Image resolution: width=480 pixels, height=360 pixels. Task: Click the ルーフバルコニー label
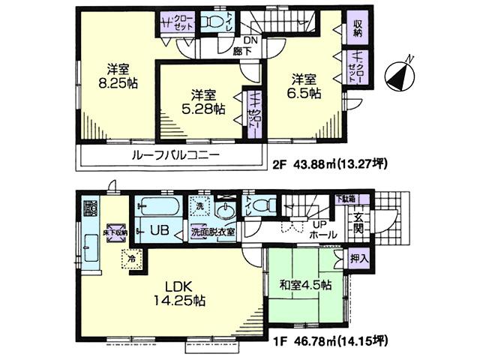tap(175, 156)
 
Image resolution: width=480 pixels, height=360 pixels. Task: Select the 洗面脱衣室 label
tap(213, 232)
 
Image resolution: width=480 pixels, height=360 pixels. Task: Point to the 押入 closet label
tap(359, 258)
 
